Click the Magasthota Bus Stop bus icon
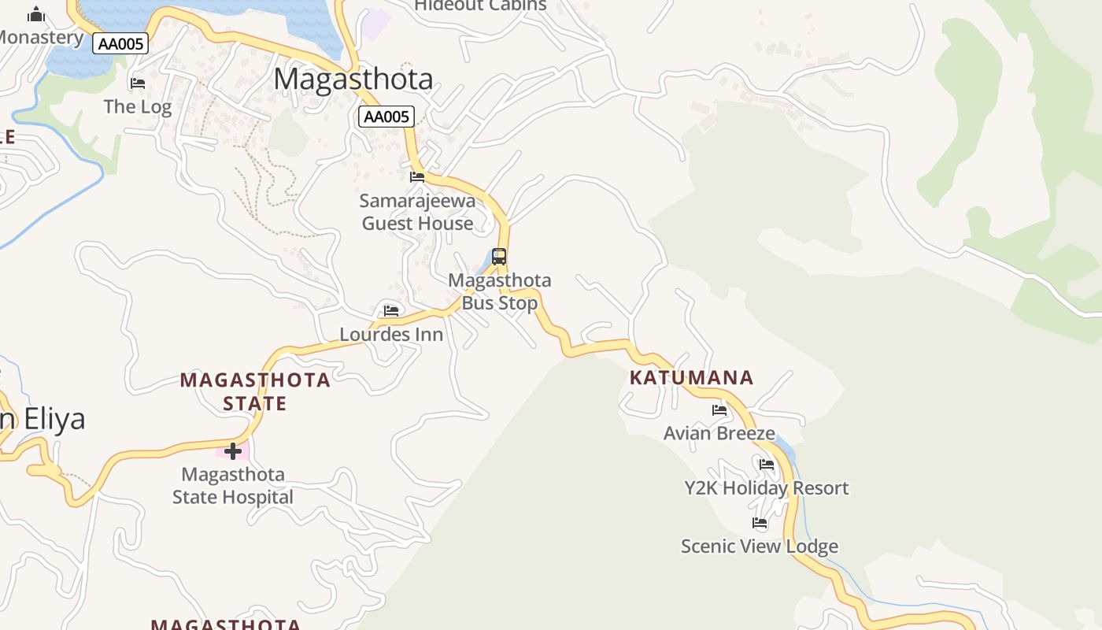499,257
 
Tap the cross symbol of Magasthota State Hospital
233,451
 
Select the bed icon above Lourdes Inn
391,310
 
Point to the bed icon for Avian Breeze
719,409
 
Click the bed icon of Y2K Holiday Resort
767,465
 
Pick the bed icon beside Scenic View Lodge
760,523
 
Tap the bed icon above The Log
138,83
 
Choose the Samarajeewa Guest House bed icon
417,176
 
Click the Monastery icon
36,14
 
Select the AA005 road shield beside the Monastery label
120,43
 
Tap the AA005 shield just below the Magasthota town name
386,117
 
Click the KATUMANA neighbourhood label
692,378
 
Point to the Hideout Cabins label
480,6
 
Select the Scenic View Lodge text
760,547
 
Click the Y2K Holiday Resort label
767,488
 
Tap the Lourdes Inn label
391,334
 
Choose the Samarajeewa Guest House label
418,212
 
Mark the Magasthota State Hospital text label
233,486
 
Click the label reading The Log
138,106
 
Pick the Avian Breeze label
719,433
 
